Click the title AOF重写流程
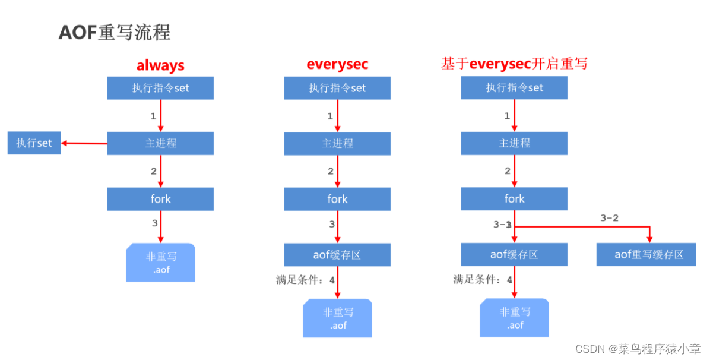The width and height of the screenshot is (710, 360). tap(115, 33)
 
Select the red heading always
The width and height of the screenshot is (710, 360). tap(160, 65)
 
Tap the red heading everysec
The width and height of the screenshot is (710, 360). tap(337, 64)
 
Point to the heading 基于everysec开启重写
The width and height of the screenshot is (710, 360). tap(514, 64)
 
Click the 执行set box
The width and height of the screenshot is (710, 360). tap(34, 143)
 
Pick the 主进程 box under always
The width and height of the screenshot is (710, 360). tap(160, 143)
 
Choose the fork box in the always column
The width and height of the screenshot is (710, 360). tap(160, 199)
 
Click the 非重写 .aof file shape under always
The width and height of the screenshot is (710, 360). tap(160, 263)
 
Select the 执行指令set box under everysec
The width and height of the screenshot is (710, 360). tap(337, 88)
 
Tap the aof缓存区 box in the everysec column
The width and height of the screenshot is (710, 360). tap(337, 255)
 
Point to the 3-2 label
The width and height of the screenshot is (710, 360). tap(609, 218)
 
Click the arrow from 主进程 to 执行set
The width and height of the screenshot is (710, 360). tap(84, 143)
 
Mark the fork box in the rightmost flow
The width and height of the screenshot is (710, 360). tap(514, 198)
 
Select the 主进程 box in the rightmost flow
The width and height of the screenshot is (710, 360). tap(514, 143)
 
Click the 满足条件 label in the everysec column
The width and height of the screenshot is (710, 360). tap(302, 279)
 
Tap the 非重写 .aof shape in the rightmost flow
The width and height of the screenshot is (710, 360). tap(514, 318)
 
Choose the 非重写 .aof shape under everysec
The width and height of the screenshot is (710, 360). tap(337, 318)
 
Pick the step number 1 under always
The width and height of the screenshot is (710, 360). tap(153, 115)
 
